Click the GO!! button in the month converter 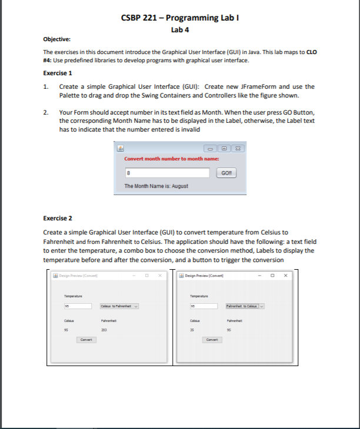(x=226, y=173)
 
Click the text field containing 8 (x=167, y=173)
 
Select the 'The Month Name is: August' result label (x=156, y=186)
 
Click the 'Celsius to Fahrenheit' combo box (x=120, y=306)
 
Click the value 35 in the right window (x=192, y=330)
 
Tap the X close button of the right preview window (x=285, y=275)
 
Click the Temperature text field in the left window (x=78, y=306)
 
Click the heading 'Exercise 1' (x=58, y=73)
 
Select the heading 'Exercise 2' (x=58, y=217)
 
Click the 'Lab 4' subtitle (x=179, y=29)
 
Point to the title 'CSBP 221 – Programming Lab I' (x=179, y=17)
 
